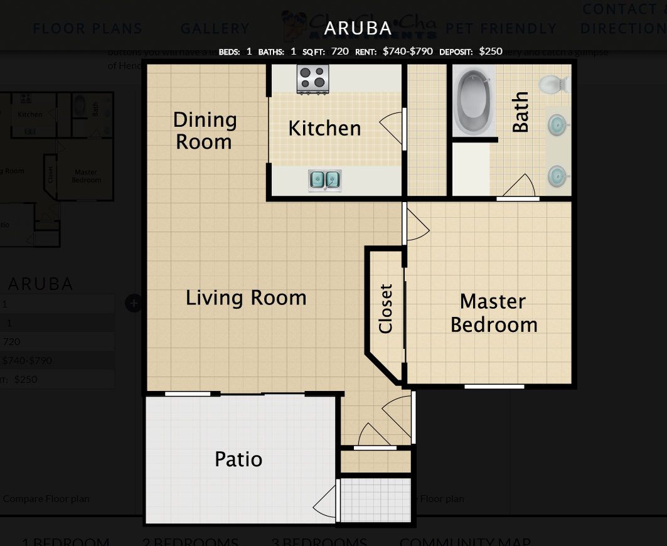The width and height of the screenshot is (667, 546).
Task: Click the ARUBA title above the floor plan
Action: click(x=358, y=28)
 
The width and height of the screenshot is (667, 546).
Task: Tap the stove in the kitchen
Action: click(x=313, y=79)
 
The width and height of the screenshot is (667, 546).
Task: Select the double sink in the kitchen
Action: click(x=324, y=181)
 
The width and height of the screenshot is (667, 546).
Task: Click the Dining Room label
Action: click(x=205, y=131)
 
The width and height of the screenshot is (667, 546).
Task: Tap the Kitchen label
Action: click(x=324, y=128)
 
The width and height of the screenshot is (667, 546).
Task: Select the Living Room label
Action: click(x=246, y=297)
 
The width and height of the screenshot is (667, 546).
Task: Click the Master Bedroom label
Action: click(x=494, y=313)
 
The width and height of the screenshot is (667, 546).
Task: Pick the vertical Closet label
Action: click(x=385, y=308)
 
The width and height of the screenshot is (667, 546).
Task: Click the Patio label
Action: click(x=238, y=459)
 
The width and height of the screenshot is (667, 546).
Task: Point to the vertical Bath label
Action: click(x=520, y=112)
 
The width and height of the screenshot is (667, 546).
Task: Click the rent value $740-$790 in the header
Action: click(x=407, y=51)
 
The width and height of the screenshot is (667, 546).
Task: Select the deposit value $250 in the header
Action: click(x=490, y=51)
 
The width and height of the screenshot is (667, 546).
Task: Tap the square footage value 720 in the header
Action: click(x=339, y=51)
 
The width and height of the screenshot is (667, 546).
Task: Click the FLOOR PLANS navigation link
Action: click(x=87, y=29)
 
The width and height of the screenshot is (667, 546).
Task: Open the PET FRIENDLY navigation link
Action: click(x=501, y=29)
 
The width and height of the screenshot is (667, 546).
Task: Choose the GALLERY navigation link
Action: click(x=215, y=29)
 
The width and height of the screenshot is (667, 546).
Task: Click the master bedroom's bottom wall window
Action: click(x=494, y=387)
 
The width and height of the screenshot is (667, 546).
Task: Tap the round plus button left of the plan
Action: click(x=133, y=303)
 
